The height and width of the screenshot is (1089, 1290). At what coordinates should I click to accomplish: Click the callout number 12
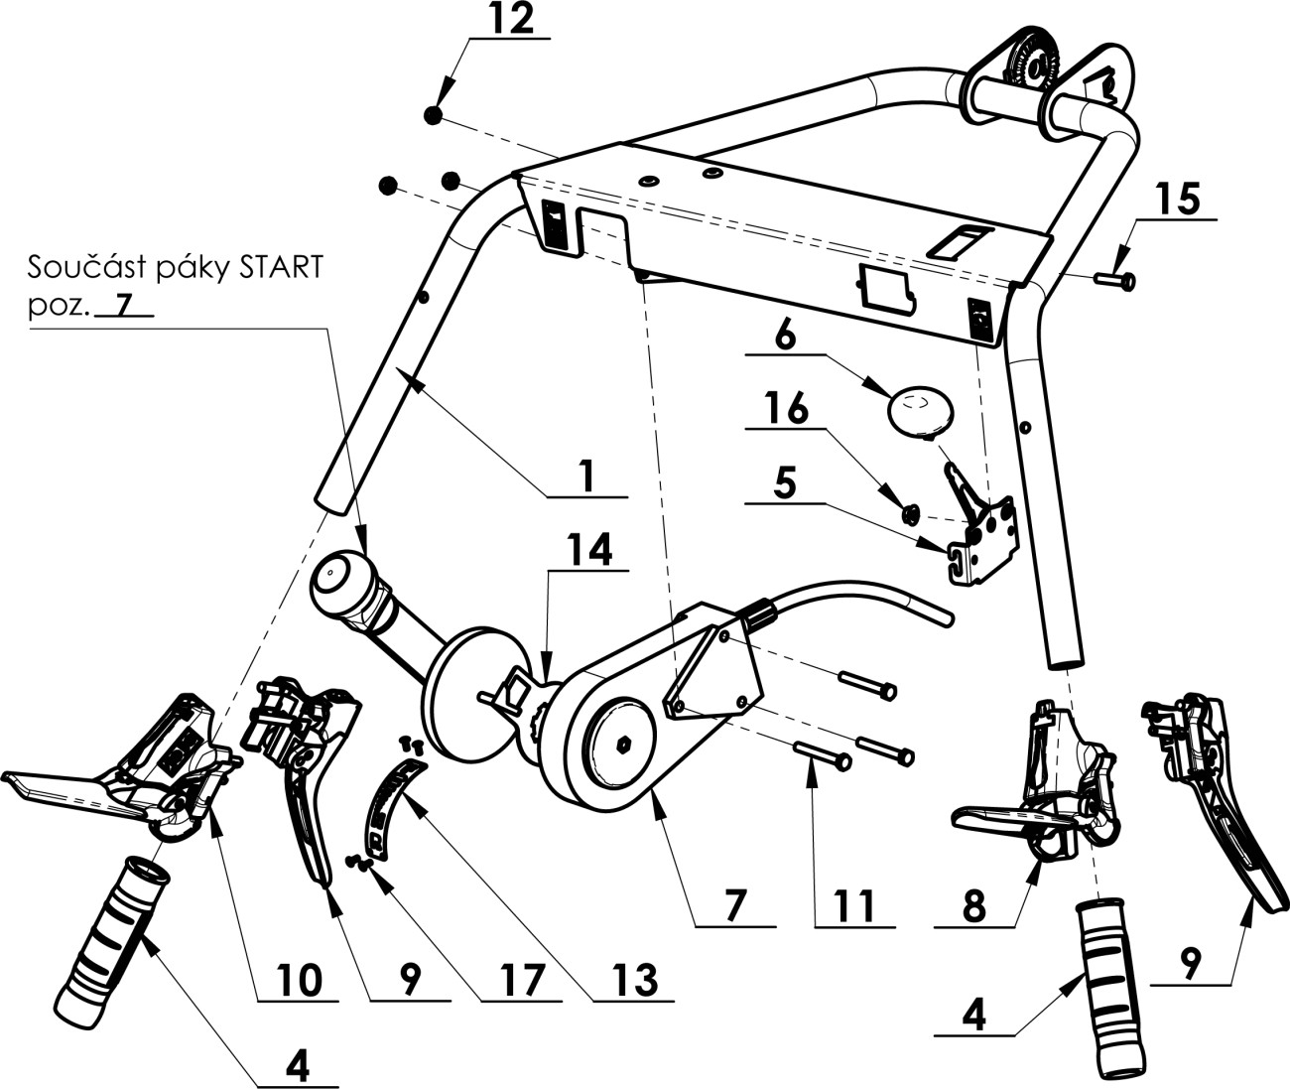pyautogui.click(x=510, y=20)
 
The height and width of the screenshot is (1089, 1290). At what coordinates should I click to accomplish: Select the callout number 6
pyautogui.click(x=785, y=337)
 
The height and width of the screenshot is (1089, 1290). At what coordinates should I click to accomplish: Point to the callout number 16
pyautogui.click(x=785, y=409)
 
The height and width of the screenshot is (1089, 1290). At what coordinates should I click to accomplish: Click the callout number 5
pyautogui.click(x=784, y=485)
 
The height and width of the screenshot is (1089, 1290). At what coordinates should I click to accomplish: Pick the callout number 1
pyautogui.click(x=586, y=476)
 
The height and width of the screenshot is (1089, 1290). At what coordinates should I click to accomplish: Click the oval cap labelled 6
pyautogui.click(x=918, y=410)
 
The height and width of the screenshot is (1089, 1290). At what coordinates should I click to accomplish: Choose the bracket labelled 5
pyautogui.click(x=982, y=541)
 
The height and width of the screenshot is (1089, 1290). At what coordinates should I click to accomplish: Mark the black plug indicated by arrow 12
pyautogui.click(x=433, y=116)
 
